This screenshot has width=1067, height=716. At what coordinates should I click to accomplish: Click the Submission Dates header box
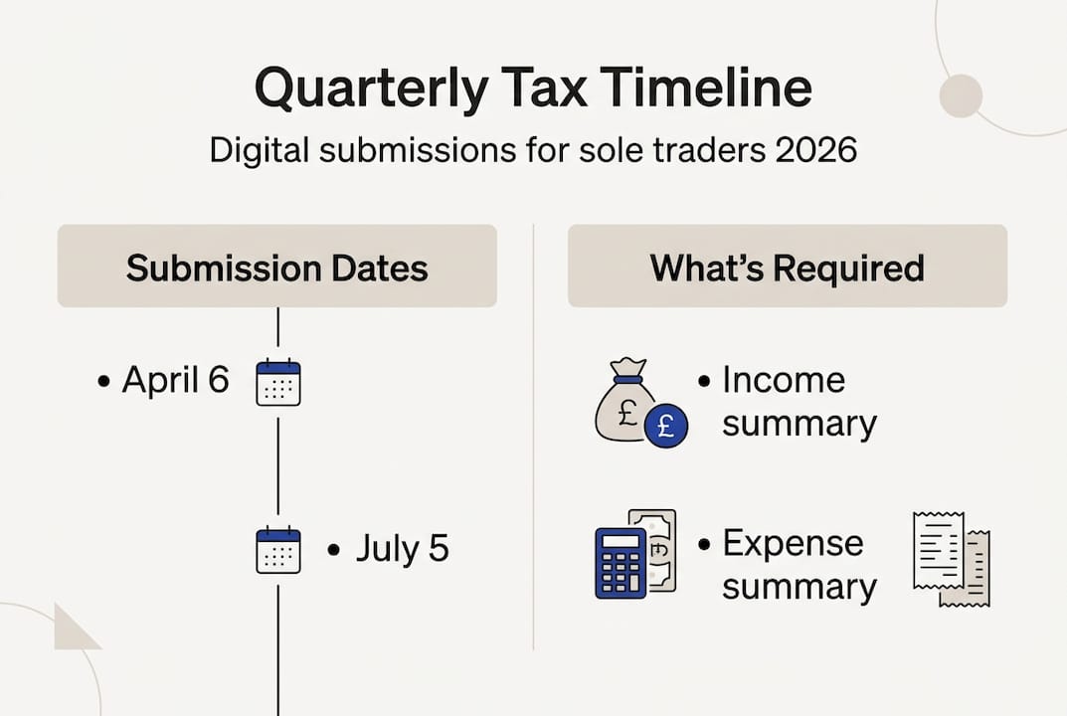pyautogui.click(x=276, y=267)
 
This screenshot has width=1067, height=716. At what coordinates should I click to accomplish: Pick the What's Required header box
pyautogui.click(x=787, y=267)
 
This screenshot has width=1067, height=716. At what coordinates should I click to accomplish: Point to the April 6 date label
pyautogui.click(x=175, y=380)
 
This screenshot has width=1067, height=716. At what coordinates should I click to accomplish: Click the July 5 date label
pyautogui.click(x=402, y=549)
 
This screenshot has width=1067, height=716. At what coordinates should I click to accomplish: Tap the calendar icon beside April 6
pyautogui.click(x=277, y=382)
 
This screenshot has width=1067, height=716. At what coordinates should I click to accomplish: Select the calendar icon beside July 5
pyautogui.click(x=277, y=550)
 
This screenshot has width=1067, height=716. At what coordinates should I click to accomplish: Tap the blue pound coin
pyautogui.click(x=665, y=426)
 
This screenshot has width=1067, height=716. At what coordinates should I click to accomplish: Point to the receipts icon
pyautogui.click(x=951, y=559)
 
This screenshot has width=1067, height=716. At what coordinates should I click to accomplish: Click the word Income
pyautogui.click(x=784, y=380)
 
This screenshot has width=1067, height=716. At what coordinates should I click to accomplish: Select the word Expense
pyautogui.click(x=793, y=544)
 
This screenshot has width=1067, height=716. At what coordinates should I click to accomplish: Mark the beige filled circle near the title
pyautogui.click(x=961, y=95)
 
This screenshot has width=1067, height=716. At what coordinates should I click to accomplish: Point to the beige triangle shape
pyautogui.click(x=74, y=628)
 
